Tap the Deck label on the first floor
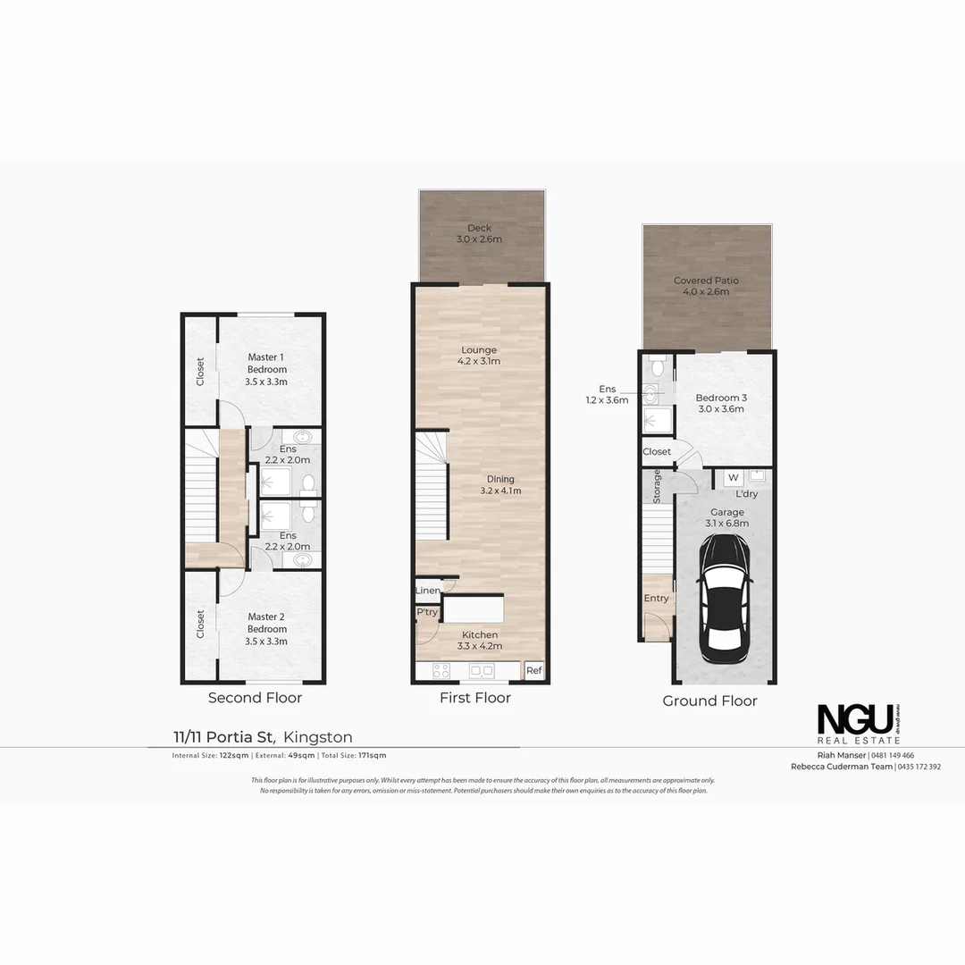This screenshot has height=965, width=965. click(479, 233)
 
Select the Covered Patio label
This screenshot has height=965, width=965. click(706, 286)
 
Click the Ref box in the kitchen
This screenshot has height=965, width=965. click(533, 670)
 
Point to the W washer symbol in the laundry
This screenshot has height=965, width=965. click(733, 478)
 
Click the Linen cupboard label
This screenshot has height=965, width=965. click(427, 592)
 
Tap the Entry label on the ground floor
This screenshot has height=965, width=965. click(656, 598)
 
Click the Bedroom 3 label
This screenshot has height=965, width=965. click(719, 403)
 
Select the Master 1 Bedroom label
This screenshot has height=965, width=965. click(267, 369)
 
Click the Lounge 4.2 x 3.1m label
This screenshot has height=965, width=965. click(480, 356)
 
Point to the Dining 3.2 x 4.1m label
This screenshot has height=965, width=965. click(500, 485)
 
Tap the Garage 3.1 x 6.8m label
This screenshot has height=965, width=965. click(726, 518)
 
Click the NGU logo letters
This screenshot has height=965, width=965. click(855, 719)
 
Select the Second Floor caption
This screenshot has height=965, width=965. click(255, 698)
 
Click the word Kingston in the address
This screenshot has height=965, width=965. click(318, 737)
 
